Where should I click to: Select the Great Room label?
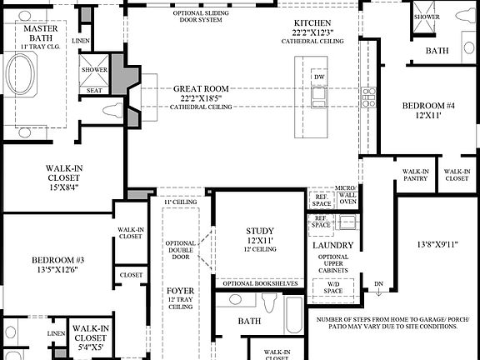pos(201,89)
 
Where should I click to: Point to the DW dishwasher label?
pos(319,77)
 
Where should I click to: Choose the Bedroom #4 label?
pos(428,107)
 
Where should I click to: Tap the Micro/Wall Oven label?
pos(347,195)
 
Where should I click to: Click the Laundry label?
pos(333,246)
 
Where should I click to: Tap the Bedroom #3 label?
pos(57,259)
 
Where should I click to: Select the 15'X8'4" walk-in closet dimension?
pos(63,187)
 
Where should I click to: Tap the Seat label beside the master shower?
pos(94,90)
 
